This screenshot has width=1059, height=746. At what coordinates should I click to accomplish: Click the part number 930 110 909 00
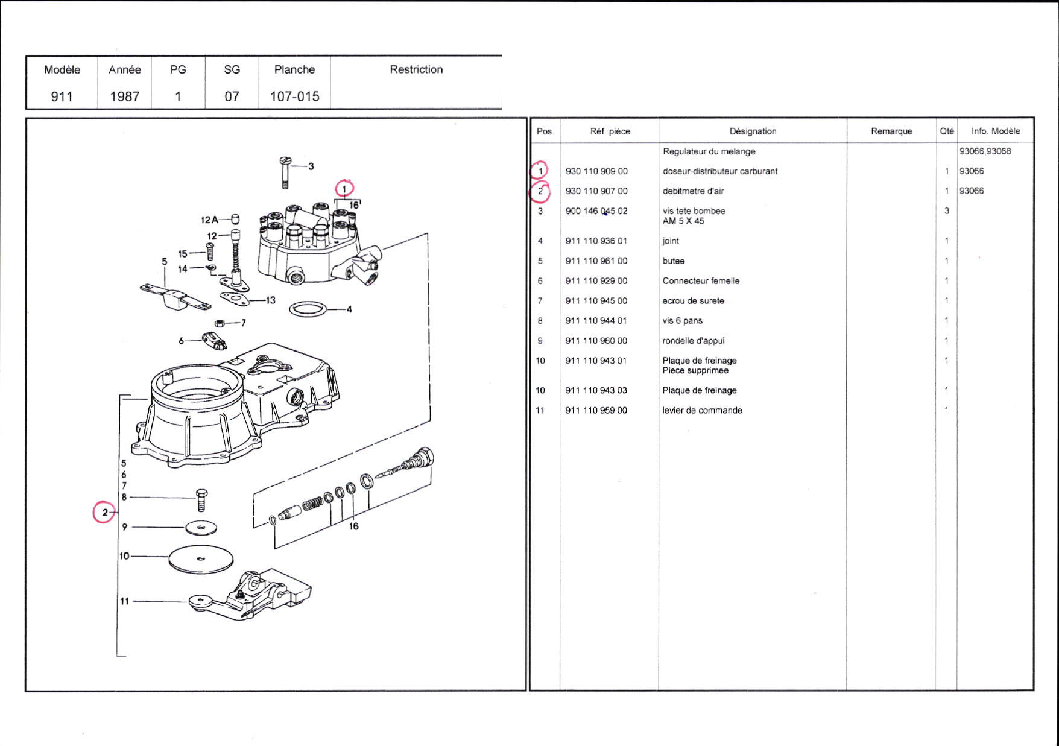point(596,171)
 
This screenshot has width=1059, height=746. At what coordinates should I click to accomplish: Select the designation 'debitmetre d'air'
point(693,191)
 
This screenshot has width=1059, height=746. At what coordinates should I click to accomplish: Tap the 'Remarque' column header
point(891,131)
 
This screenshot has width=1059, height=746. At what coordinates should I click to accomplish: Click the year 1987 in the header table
point(124,96)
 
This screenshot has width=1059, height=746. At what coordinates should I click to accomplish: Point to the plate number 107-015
point(294,96)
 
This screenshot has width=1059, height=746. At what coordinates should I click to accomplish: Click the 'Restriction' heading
point(416,69)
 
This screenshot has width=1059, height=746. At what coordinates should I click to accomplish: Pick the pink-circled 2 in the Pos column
point(540,192)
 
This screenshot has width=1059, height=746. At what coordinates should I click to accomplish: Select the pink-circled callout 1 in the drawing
point(344,189)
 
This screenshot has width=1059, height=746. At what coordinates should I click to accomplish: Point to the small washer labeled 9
point(201,528)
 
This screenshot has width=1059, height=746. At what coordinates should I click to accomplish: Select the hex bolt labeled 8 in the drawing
point(201,501)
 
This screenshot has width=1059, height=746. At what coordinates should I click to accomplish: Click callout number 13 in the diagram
point(270,300)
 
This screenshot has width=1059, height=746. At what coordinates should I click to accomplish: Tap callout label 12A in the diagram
point(209,220)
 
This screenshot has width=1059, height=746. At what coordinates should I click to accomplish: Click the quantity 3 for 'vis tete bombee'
point(946,211)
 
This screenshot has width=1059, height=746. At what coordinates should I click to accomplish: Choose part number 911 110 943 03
point(596,391)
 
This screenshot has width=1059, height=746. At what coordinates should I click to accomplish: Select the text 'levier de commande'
point(702,411)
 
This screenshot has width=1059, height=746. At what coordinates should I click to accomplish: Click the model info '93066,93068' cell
point(985,151)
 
